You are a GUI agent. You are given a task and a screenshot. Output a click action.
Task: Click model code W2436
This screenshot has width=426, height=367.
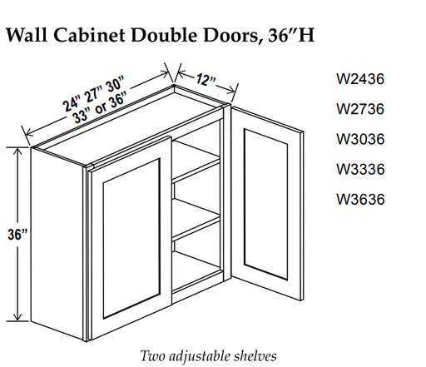point(360,79)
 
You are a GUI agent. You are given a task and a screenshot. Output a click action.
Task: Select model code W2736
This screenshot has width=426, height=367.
point(360,109)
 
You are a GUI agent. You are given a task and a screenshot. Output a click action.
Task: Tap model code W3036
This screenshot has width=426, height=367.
point(360,139)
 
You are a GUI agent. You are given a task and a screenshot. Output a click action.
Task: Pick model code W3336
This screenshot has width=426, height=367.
point(360,169)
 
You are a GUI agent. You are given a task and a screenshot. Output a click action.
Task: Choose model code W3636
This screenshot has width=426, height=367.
point(360,199)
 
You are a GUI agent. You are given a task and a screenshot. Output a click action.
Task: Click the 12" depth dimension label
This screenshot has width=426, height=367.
point(206,81)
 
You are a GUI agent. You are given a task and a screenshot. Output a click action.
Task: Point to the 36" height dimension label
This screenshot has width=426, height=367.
point(17,235)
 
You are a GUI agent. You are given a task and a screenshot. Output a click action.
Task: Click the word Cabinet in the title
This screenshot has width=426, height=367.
point(89,35)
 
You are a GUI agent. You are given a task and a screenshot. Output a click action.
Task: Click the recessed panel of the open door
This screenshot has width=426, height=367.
point(266,204)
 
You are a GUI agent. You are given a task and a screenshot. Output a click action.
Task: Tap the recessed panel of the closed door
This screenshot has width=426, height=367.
point(131,239)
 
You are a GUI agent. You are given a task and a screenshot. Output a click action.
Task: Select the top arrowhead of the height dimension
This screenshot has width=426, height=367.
point(17,151)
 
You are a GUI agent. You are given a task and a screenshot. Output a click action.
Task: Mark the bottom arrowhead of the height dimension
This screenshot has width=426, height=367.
point(17,317)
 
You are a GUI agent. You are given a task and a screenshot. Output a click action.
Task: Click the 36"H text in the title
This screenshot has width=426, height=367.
point(291,35)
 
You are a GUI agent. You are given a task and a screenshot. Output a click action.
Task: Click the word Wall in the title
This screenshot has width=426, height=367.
point(27,35)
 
